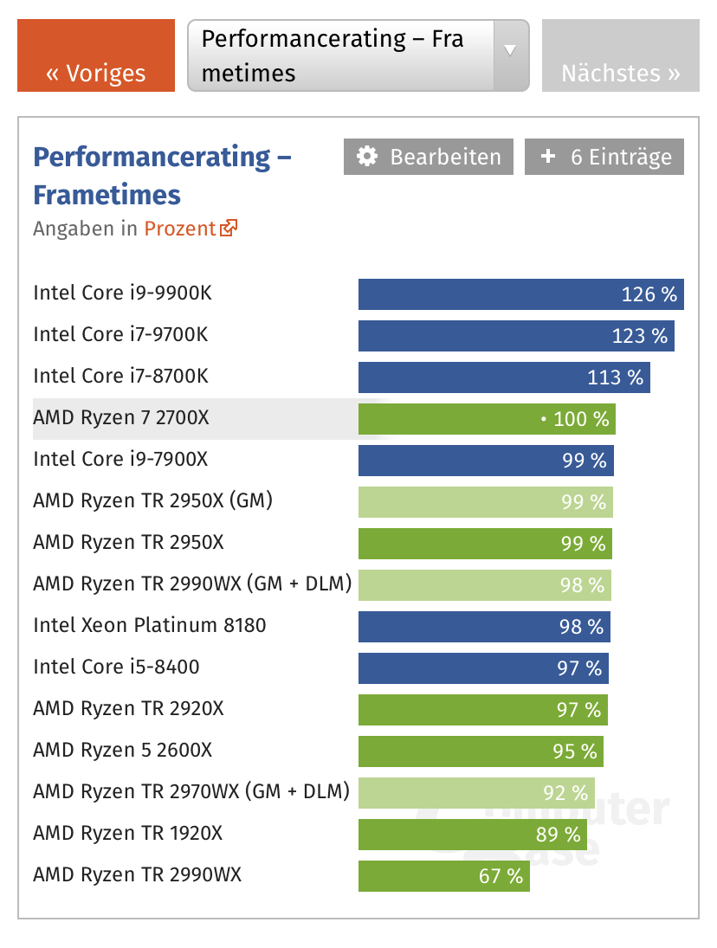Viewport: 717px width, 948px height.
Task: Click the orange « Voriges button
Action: (96, 55)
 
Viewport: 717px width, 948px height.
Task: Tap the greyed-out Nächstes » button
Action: (620, 55)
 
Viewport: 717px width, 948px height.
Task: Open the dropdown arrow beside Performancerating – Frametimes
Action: (510, 51)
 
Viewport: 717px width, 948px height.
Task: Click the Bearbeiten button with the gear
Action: (429, 157)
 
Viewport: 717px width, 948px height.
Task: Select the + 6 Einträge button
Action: (604, 157)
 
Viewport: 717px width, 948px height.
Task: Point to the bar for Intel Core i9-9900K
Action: (520, 293)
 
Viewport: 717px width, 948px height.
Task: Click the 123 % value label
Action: (640, 335)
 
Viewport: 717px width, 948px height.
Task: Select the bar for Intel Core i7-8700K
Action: (504, 377)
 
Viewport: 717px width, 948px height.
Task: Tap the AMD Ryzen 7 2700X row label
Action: (121, 418)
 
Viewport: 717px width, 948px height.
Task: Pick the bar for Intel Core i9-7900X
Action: (486, 460)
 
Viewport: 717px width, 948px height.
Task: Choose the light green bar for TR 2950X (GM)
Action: (485, 501)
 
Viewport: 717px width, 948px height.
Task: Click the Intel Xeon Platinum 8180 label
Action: (150, 625)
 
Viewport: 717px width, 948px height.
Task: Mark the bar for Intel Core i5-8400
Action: (483, 667)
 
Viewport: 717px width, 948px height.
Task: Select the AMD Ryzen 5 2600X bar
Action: (481, 751)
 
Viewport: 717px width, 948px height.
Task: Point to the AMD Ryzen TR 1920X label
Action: (128, 833)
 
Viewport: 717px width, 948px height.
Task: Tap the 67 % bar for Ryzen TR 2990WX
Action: (443, 875)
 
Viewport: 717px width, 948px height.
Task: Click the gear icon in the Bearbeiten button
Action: (368, 157)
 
